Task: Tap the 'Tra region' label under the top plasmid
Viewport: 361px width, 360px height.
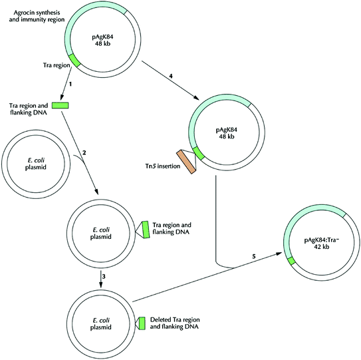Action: pyautogui.click(x=51, y=65)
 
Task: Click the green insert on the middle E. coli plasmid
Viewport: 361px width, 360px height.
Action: pyautogui.click(x=144, y=229)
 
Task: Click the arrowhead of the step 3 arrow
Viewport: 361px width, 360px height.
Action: pyautogui.click(x=100, y=287)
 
